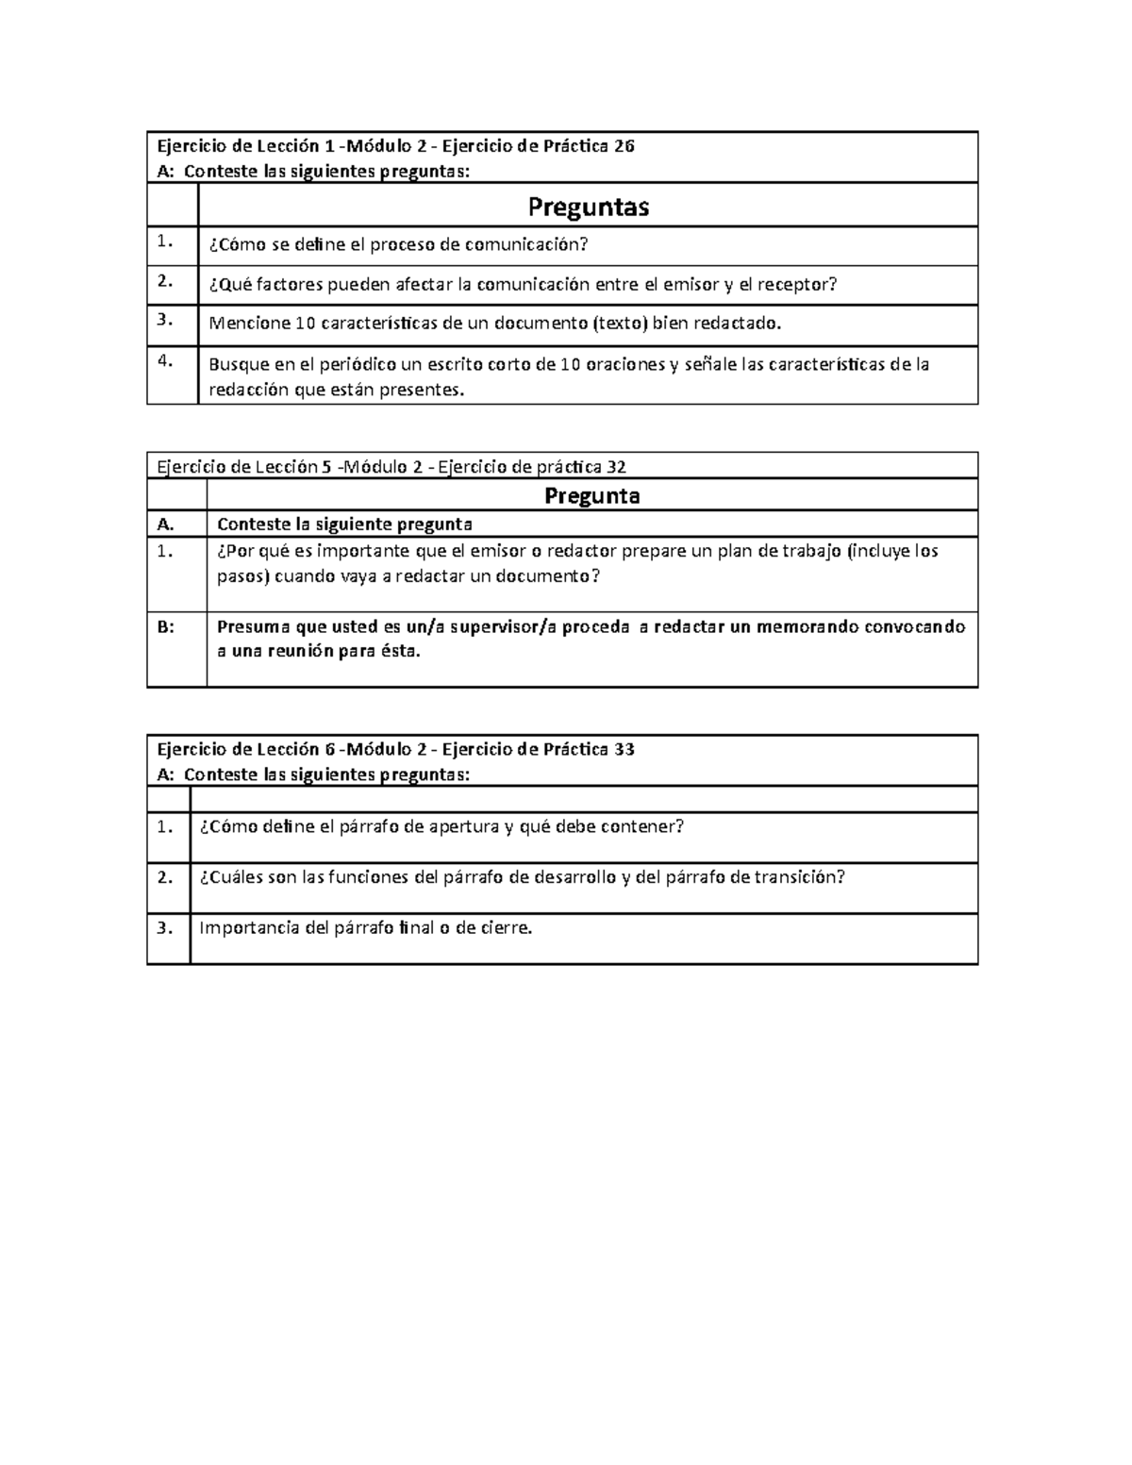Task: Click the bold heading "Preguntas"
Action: coord(588,207)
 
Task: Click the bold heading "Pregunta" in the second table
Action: coord(592,495)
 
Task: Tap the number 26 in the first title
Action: coord(624,146)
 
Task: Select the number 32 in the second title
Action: coord(617,466)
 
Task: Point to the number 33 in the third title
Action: coord(624,750)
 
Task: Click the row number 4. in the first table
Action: coord(166,360)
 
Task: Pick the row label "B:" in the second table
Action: coord(166,626)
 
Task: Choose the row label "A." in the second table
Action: coord(166,524)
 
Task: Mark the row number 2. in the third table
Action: coord(166,877)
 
